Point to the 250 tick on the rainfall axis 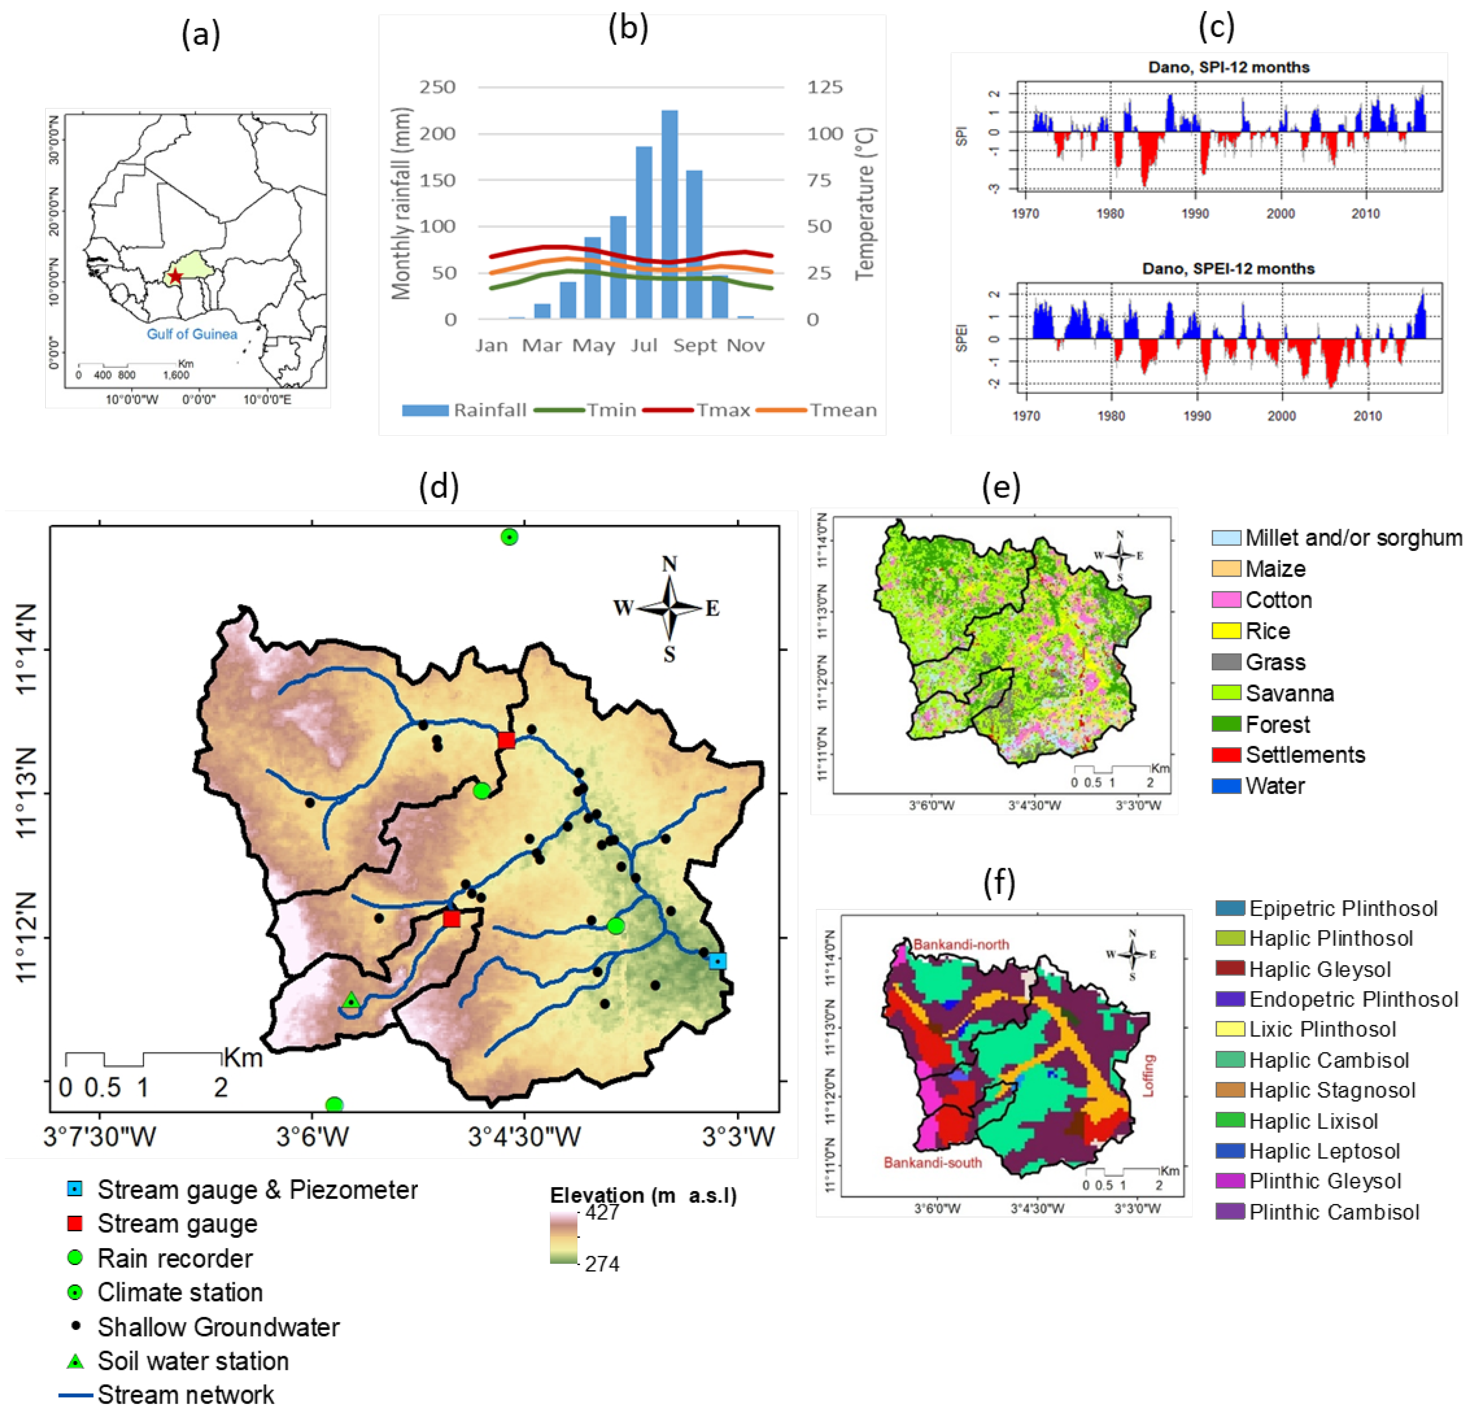point(437,87)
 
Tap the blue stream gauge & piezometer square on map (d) point(718,961)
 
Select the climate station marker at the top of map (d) point(510,537)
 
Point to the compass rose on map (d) point(669,607)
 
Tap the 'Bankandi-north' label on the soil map point(961,944)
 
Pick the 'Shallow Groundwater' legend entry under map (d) point(218,1327)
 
